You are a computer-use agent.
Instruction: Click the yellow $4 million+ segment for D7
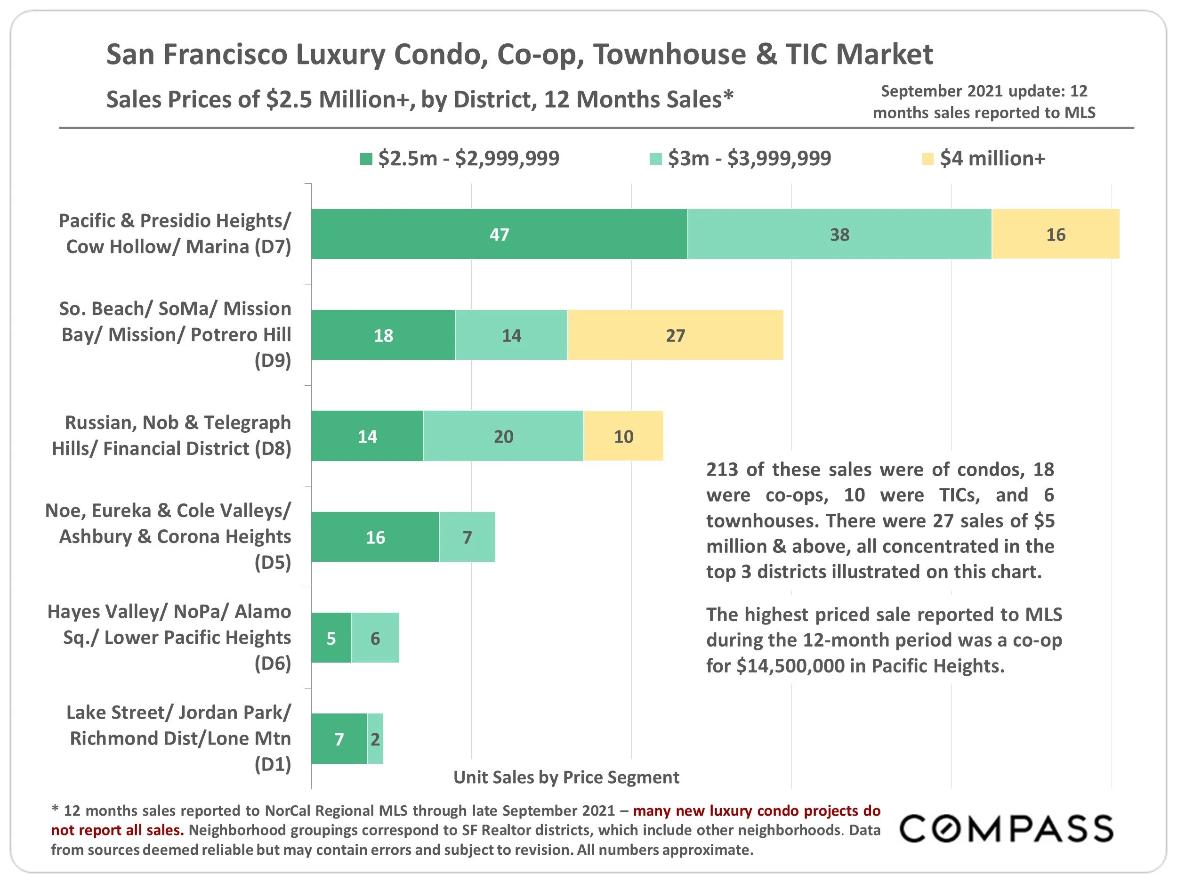(x=1055, y=234)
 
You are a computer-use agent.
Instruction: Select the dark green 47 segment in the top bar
(x=499, y=234)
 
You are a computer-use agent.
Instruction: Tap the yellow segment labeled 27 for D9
(x=675, y=335)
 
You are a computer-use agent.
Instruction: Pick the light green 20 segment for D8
(x=503, y=436)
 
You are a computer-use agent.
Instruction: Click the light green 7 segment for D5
(x=467, y=536)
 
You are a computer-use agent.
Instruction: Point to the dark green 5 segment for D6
(x=331, y=638)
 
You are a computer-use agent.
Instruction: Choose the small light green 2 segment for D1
(x=375, y=739)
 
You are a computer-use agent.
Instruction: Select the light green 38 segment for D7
(x=839, y=234)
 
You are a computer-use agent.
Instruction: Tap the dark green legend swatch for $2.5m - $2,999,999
(x=366, y=159)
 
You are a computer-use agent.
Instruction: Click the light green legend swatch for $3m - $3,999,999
(x=655, y=159)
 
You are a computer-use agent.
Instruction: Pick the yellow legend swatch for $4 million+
(x=927, y=159)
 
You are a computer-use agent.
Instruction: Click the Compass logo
(x=1006, y=829)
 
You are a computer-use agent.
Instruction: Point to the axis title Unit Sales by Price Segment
(x=566, y=777)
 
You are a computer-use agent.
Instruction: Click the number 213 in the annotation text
(x=722, y=470)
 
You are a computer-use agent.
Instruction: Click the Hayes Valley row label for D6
(x=169, y=637)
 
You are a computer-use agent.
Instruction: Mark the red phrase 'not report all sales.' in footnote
(x=118, y=830)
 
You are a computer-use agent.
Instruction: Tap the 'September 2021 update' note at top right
(x=984, y=102)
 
